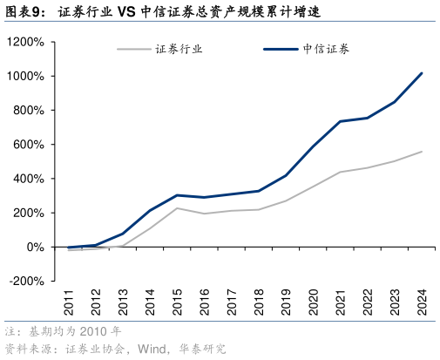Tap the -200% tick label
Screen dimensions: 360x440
pos(25,282)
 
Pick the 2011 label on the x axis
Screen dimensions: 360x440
pos(69,304)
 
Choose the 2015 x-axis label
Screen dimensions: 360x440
pos(178,304)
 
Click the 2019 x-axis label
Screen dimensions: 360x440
pos(286,304)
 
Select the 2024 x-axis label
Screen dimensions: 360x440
pos(422,304)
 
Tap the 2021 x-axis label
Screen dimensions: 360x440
pos(340,304)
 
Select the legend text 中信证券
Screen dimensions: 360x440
pos(323,49)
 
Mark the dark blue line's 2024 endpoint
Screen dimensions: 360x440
pos(422,73)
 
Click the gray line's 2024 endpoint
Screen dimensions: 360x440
pos(422,152)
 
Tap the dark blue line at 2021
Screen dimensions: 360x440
pos(340,121)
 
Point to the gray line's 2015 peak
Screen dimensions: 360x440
pos(178,207)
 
